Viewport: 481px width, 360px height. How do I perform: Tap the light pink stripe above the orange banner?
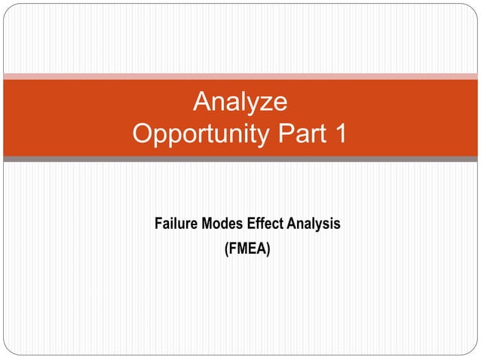(240, 76)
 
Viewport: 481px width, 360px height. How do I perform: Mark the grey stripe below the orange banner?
(240, 159)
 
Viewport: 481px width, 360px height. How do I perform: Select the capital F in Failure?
(158, 224)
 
